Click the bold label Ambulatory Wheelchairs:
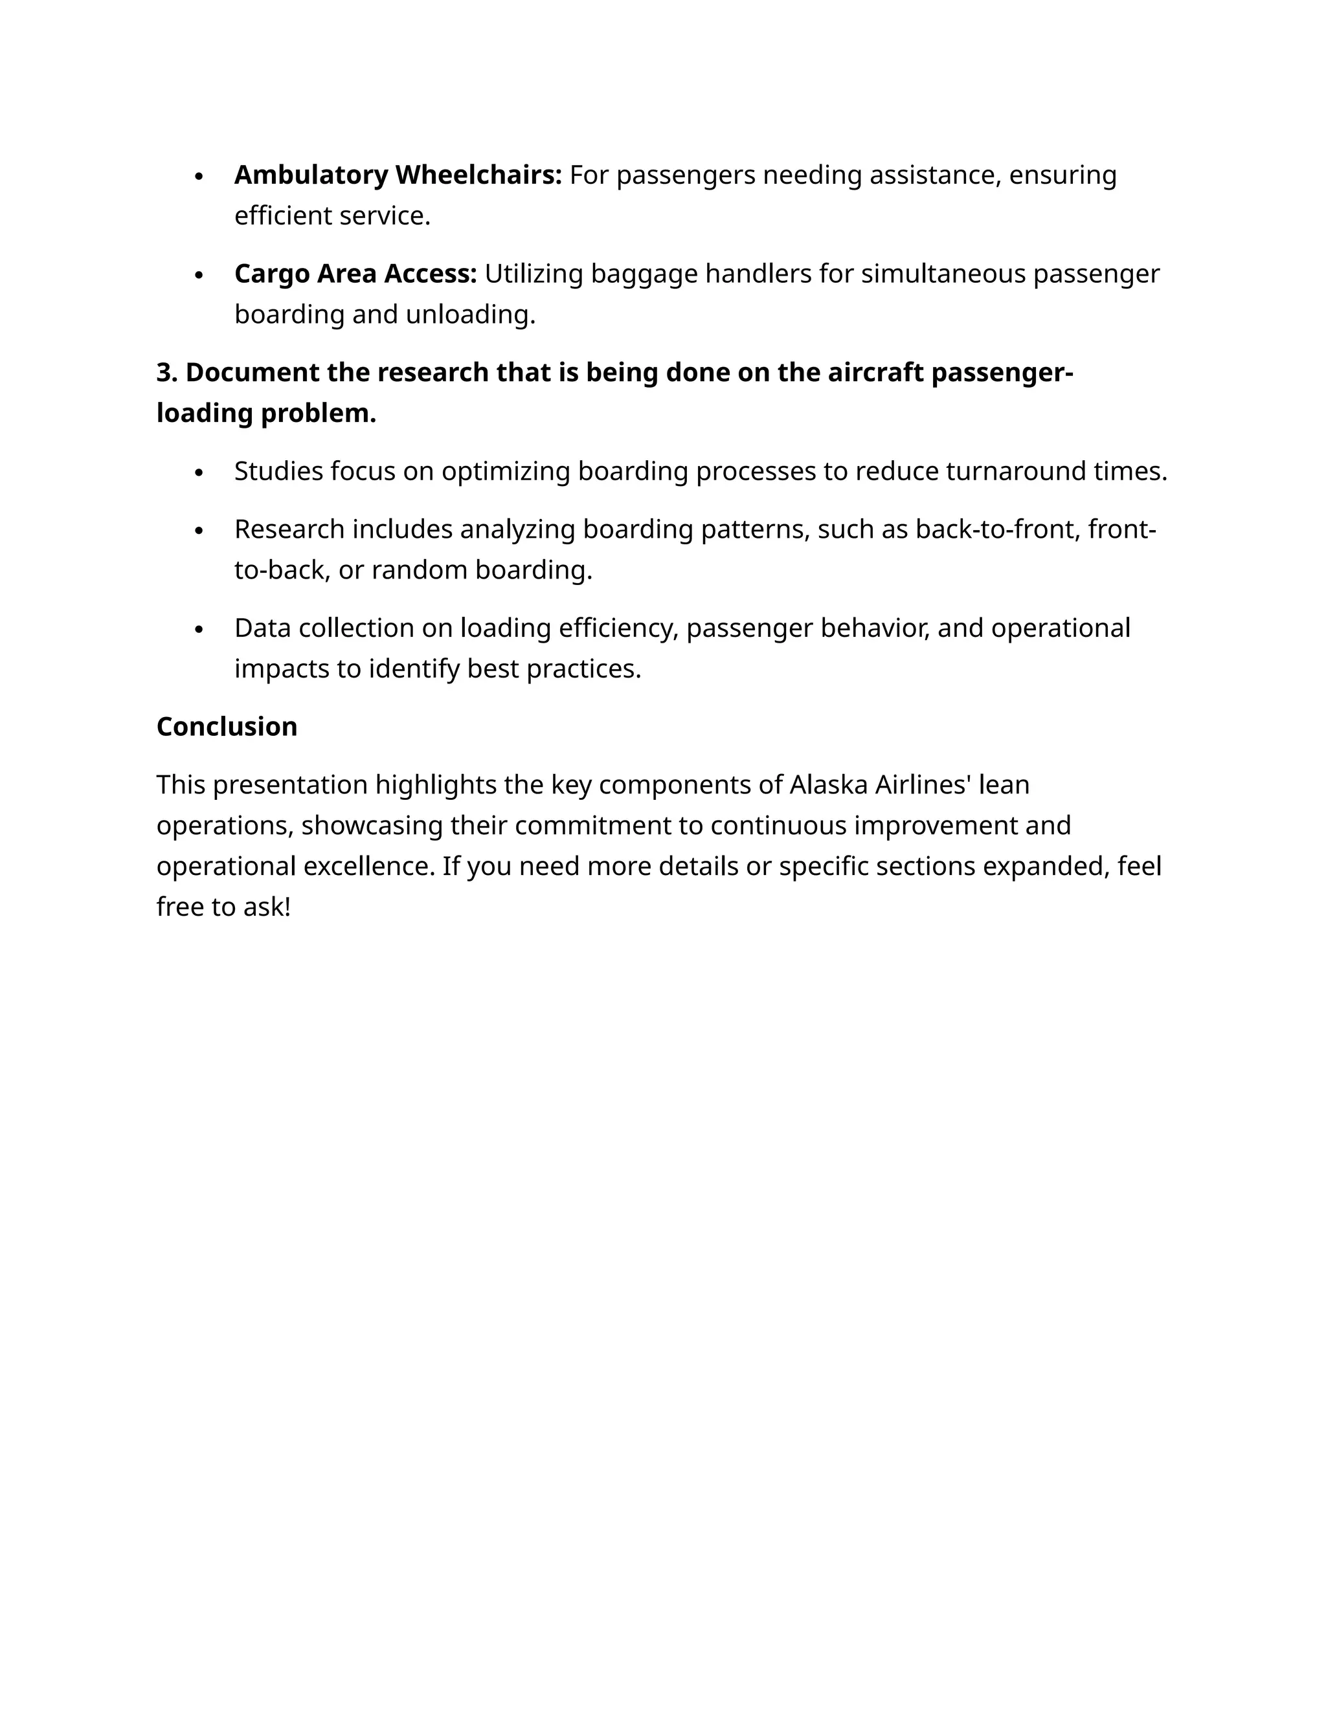click(398, 175)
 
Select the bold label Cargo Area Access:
click(355, 274)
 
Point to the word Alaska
click(828, 785)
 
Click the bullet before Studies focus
click(199, 472)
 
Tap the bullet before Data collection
click(199, 630)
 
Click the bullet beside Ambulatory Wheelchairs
click(199, 177)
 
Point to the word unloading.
click(470, 315)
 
